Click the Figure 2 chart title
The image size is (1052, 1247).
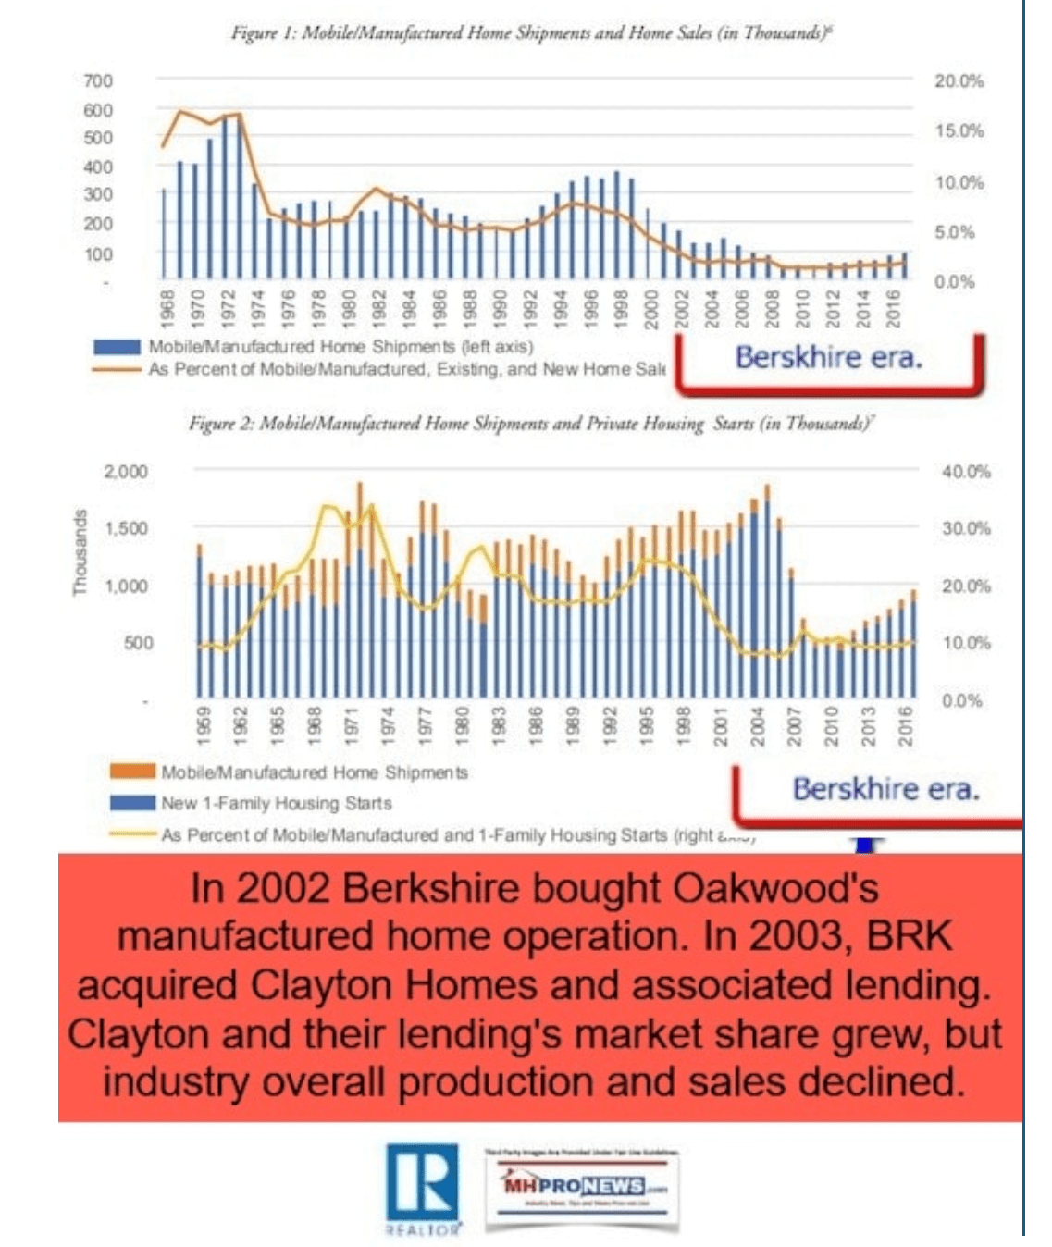pos(533,424)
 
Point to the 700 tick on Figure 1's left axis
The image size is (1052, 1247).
pos(98,81)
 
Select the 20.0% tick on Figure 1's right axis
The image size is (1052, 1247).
pos(959,81)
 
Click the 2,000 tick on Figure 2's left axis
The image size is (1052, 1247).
pos(126,472)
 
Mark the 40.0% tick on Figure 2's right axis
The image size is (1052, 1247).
pos(966,472)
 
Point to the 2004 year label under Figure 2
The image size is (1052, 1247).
pos(757,724)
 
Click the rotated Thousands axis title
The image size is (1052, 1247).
pos(80,552)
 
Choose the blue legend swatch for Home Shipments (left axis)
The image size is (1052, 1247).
pos(117,347)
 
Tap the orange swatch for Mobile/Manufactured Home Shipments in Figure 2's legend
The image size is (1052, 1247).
pos(131,772)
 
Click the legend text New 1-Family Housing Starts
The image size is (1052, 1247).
pos(276,803)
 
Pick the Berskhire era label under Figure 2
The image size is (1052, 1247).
pos(885,788)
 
